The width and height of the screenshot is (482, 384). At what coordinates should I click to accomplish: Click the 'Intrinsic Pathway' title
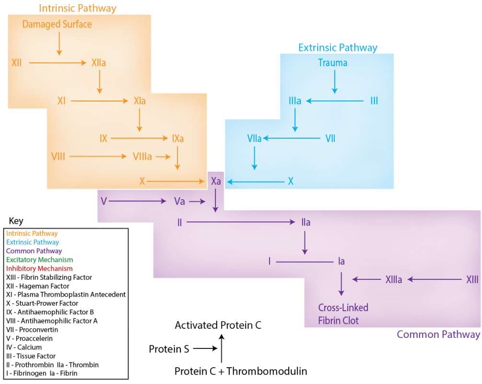(x=77, y=8)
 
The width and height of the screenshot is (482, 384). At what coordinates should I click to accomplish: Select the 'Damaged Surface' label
(x=57, y=24)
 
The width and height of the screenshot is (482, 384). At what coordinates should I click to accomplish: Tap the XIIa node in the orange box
(x=99, y=62)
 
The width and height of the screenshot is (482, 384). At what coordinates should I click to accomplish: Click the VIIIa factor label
(x=142, y=156)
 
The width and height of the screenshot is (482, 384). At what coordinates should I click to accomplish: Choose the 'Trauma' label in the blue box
(x=333, y=63)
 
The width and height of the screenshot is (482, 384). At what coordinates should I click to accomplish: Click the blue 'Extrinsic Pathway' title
(x=338, y=48)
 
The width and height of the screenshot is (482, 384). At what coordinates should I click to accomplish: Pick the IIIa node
(x=295, y=101)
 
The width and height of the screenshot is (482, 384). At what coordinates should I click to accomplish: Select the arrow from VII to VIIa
(x=292, y=139)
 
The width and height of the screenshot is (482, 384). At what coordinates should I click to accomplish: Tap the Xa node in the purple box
(x=216, y=181)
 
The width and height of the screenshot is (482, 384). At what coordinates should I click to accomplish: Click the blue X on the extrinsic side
(x=291, y=181)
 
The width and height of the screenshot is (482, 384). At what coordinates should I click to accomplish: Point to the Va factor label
(x=179, y=201)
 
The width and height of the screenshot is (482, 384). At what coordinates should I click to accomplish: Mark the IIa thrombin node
(x=306, y=222)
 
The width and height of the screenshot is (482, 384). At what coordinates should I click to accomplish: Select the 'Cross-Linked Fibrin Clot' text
(x=343, y=314)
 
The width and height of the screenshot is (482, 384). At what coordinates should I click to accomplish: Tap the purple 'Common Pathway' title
(x=438, y=335)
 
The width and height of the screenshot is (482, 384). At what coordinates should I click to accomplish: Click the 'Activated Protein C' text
(x=218, y=325)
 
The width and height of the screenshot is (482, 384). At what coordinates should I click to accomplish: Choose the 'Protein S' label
(x=168, y=349)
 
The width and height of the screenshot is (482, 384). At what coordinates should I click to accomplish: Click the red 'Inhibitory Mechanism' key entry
(x=39, y=268)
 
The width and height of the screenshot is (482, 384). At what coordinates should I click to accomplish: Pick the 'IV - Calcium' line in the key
(x=24, y=347)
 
